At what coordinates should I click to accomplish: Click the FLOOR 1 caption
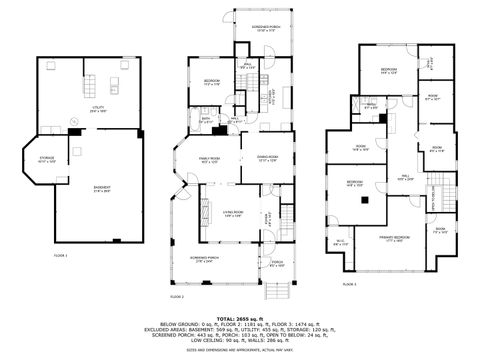[61, 256]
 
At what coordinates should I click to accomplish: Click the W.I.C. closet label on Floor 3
[340, 242]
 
